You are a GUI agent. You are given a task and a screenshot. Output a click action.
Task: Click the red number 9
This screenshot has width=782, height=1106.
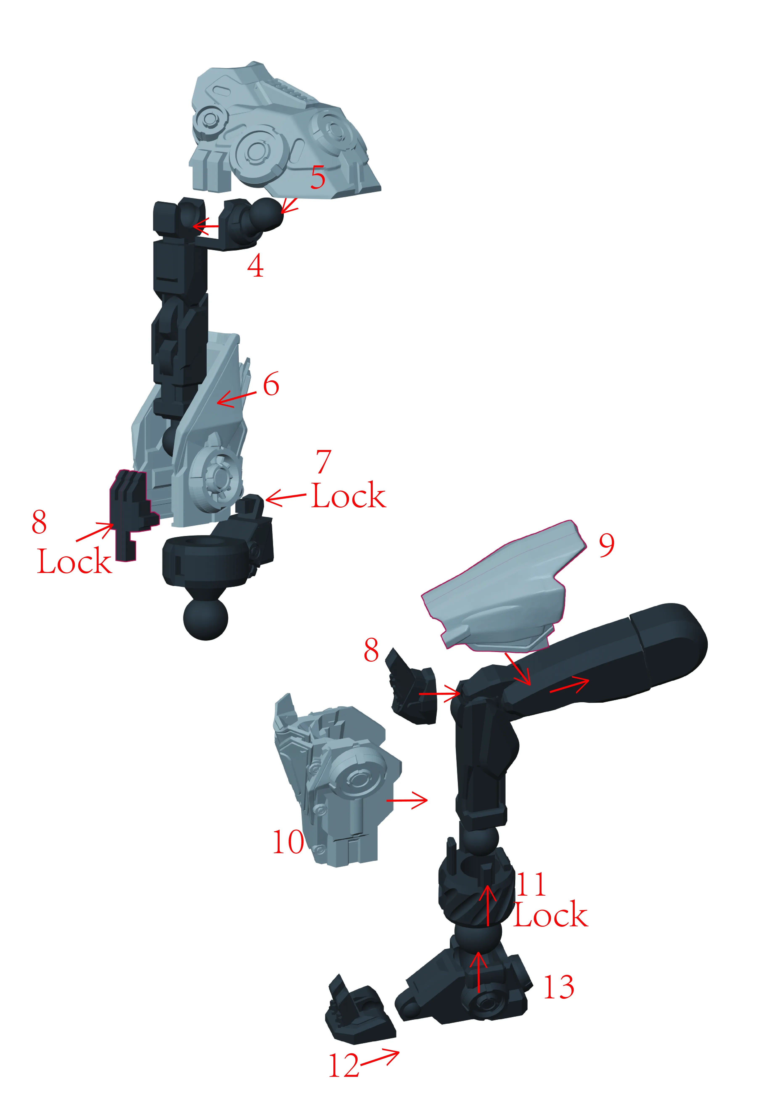[x=607, y=545]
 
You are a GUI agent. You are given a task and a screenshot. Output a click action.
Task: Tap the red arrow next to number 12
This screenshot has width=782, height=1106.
[x=381, y=1058]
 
